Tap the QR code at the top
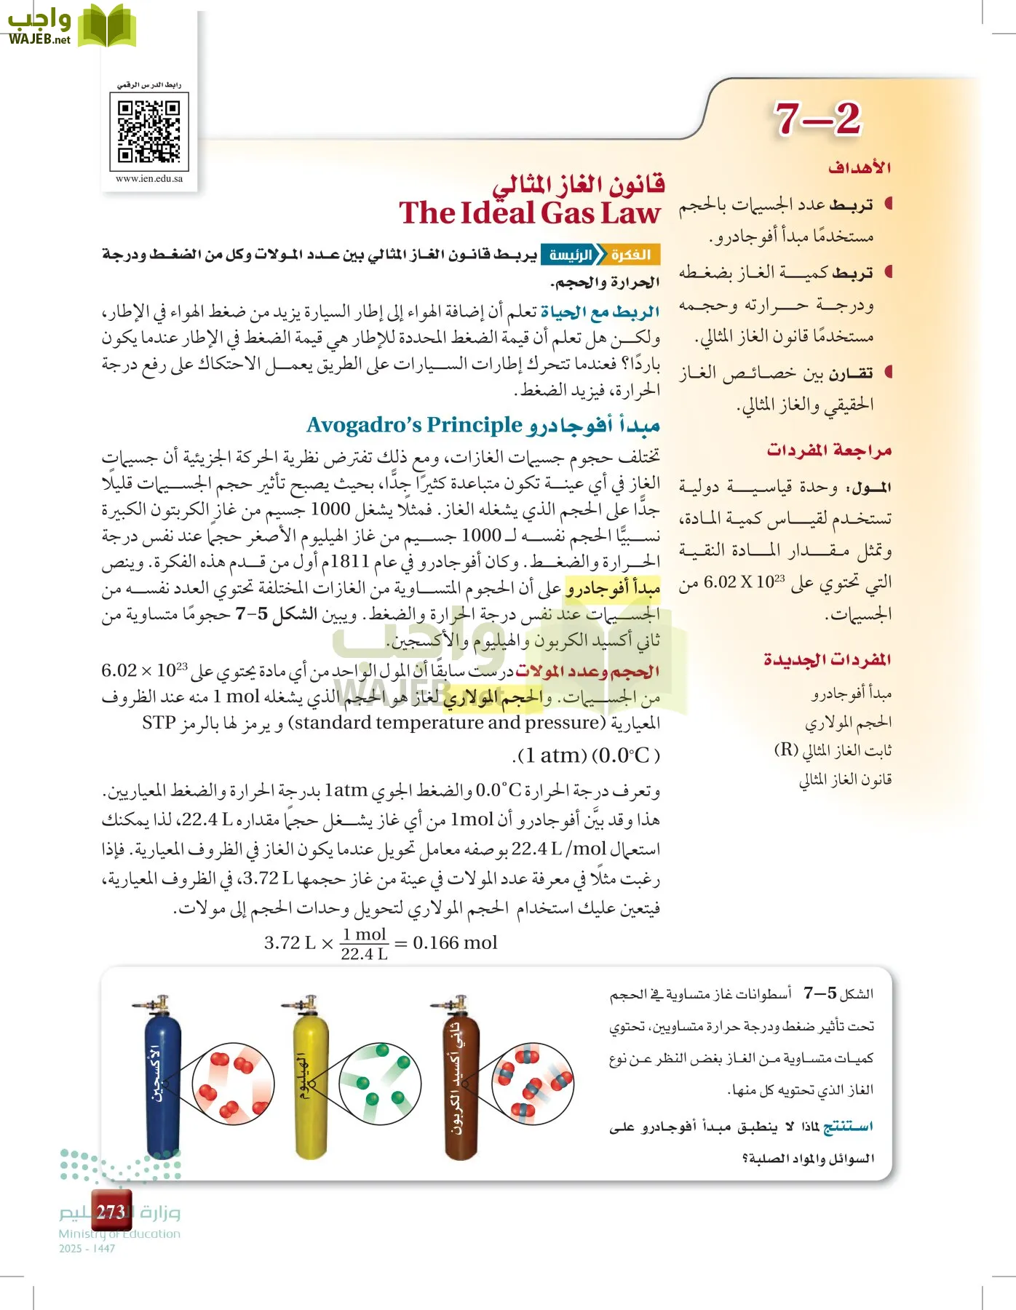pos(149,131)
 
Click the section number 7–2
pos(817,119)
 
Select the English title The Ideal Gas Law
pos(529,213)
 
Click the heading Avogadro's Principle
pos(414,424)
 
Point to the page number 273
pos(111,1212)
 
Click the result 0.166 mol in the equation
pos(455,943)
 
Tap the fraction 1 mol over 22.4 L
pos(364,944)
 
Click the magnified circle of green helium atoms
pos(381,1083)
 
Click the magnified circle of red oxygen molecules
pos(234,1083)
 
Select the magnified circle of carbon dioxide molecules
pos(532,1083)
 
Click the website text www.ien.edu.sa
pos(149,178)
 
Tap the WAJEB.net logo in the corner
pos(69,28)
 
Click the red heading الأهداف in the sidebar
pos(860,168)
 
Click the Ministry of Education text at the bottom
pos(119,1234)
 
